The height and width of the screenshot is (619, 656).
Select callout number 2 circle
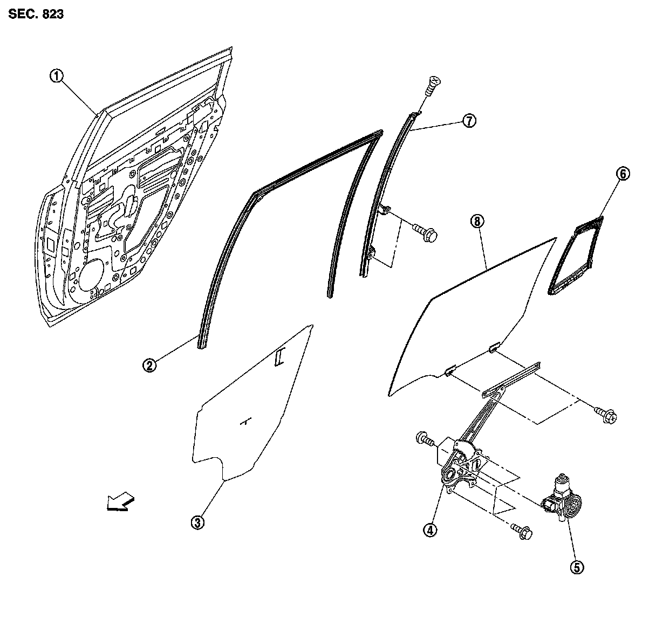click(x=150, y=366)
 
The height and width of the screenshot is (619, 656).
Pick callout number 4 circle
click(x=429, y=531)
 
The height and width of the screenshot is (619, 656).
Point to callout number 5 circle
click(x=577, y=567)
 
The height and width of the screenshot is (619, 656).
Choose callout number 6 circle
click(x=623, y=174)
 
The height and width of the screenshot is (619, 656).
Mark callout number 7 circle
click(x=468, y=121)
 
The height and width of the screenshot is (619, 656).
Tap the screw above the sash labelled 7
click(x=433, y=85)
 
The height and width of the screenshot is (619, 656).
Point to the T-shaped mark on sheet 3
click(x=246, y=421)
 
